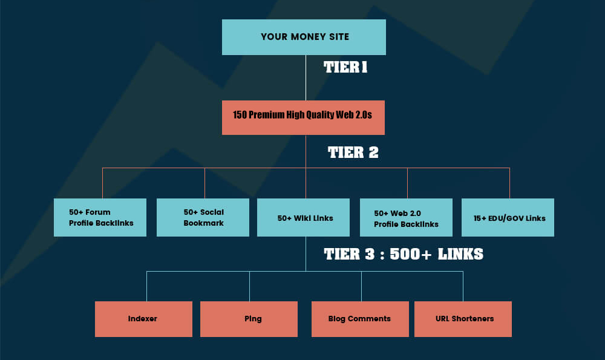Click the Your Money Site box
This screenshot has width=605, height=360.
coord(304,37)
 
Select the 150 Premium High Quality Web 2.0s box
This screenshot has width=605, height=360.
coord(303,117)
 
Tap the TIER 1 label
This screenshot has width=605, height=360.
coord(345,67)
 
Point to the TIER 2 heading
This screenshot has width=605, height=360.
coord(353,152)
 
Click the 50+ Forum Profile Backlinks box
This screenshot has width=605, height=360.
coord(100,217)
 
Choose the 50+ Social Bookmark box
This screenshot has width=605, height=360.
coord(203,217)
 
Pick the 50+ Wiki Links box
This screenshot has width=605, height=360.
coord(303,217)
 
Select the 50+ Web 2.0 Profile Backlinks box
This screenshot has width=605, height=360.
coord(406,217)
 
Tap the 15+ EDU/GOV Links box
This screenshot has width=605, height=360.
coord(508,217)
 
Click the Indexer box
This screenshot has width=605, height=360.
coord(143,319)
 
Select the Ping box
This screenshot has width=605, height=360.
coord(249,319)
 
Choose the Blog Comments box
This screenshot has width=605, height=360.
coord(360,319)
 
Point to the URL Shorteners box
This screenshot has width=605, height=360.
coord(463,319)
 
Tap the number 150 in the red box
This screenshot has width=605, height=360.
coord(240,115)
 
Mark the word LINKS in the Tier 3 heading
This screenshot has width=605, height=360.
coord(460,254)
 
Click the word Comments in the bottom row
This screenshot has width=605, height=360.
coord(370,319)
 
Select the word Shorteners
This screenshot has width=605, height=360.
coord(473,319)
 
